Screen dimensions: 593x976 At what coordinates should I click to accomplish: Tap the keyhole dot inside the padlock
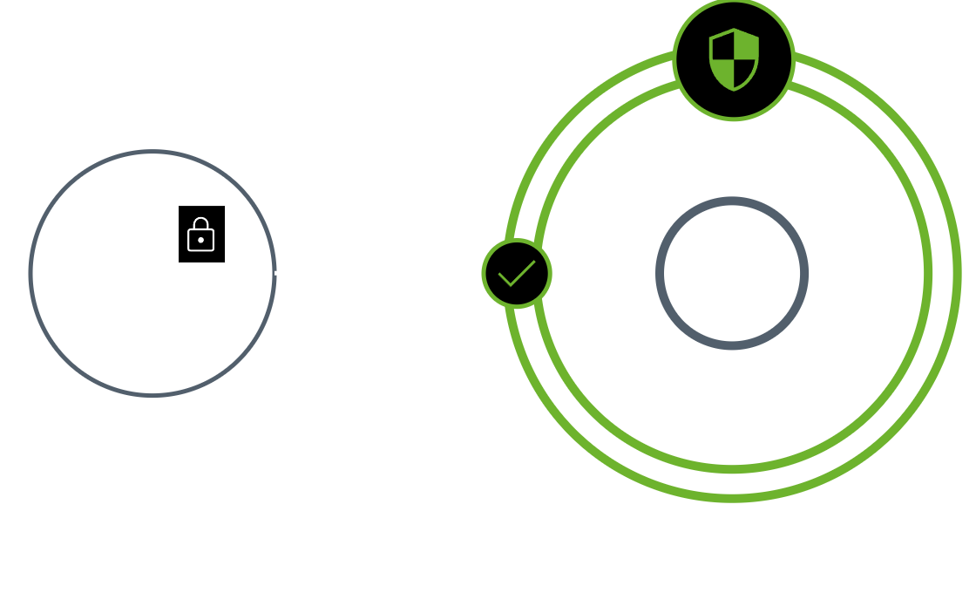[x=201, y=238]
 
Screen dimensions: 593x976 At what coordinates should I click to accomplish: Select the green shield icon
[x=734, y=58]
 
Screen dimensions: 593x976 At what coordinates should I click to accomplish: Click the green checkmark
[x=516, y=273]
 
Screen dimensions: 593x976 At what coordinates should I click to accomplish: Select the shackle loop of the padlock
[x=201, y=223]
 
